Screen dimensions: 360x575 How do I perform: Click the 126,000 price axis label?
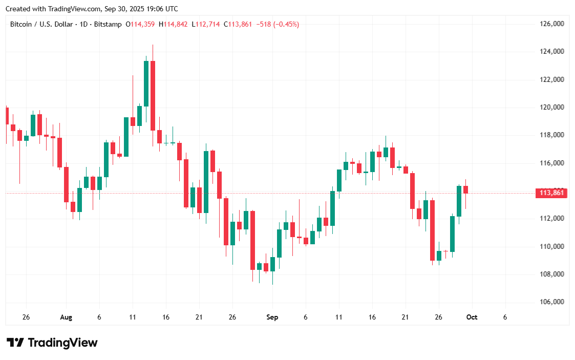point(552,24)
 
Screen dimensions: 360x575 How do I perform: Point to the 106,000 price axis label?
point(552,302)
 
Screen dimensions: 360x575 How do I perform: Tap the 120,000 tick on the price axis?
point(552,108)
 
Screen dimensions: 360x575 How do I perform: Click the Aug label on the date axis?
point(66,317)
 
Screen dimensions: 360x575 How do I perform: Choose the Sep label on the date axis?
point(272,317)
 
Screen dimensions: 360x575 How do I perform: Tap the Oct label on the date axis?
point(472,317)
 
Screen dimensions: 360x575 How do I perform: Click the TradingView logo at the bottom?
point(52,343)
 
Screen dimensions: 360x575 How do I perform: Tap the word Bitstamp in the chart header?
point(111,24)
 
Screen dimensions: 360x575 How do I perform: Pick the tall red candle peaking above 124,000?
point(153,95)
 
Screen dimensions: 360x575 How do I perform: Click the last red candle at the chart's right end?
point(465,189)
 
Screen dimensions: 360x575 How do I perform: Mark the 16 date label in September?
point(372,317)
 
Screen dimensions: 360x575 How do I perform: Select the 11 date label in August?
point(132,317)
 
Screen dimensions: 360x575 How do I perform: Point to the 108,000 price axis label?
point(552,274)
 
